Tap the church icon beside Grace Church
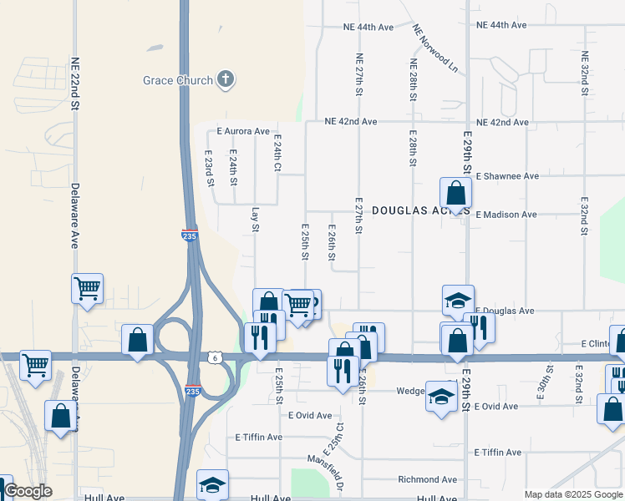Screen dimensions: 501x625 (x=224, y=80)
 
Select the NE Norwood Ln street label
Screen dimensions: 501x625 (x=436, y=47)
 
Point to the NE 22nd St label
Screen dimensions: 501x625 (x=75, y=83)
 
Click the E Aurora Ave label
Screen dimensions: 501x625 (x=243, y=131)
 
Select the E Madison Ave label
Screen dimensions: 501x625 (x=506, y=215)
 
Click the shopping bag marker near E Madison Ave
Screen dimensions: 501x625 (x=455, y=194)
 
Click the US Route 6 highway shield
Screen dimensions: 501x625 (x=216, y=357)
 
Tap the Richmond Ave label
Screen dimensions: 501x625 (x=427, y=480)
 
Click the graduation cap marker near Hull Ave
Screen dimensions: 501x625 (x=212, y=484)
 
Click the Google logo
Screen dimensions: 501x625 (x=28, y=491)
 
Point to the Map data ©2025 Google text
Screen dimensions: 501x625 (x=573, y=494)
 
